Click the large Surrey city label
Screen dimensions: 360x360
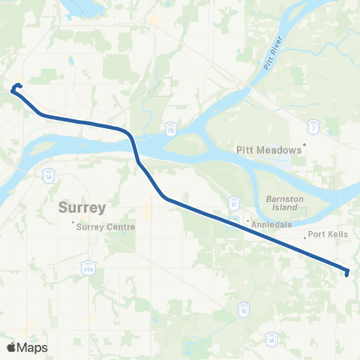click(82, 208)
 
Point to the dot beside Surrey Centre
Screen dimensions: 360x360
click(73, 223)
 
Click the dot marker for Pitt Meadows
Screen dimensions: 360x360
click(305, 145)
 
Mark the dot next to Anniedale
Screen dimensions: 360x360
click(248, 220)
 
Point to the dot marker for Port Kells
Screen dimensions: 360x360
click(305, 237)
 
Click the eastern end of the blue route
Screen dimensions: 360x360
click(347, 273)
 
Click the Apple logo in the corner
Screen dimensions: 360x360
click(11, 347)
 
